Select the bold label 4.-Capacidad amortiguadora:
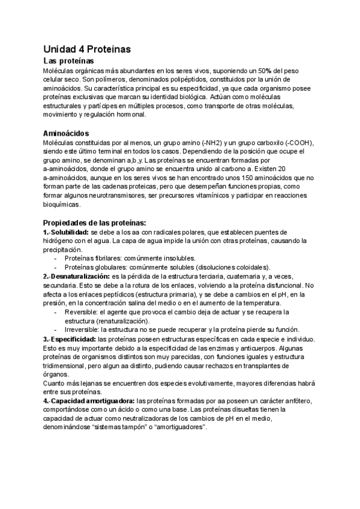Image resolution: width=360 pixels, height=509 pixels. click(x=89, y=401)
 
